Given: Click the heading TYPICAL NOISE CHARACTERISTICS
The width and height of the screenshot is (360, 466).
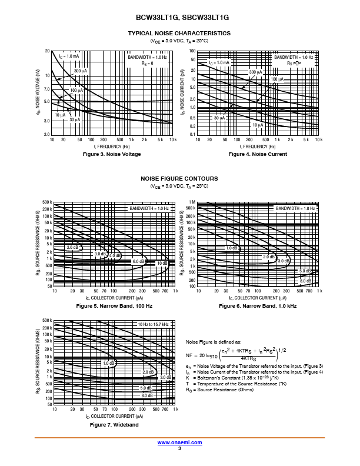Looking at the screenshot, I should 179,33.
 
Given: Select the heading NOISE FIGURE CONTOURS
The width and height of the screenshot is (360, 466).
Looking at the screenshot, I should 179,178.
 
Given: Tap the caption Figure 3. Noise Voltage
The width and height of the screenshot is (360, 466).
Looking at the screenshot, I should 112,154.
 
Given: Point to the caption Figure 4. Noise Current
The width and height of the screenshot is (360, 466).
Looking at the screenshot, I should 258,154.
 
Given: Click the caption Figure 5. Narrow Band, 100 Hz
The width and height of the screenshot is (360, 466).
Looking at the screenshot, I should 114,307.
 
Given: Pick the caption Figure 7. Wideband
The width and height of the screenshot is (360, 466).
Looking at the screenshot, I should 114,425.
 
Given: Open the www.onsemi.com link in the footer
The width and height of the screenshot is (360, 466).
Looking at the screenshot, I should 179,442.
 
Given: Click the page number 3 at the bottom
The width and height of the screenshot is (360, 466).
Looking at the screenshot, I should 179,448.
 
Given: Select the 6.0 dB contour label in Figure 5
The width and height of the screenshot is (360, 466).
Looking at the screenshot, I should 138,261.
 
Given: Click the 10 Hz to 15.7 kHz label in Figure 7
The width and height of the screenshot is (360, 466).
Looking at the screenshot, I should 154,324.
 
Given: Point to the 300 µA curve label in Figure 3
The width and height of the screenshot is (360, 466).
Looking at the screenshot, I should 80,71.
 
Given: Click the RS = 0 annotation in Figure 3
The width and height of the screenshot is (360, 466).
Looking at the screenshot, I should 147,63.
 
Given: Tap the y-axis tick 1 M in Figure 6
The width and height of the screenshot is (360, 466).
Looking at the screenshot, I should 191,202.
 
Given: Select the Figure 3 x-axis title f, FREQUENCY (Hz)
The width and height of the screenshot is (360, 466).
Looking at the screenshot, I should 112,146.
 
